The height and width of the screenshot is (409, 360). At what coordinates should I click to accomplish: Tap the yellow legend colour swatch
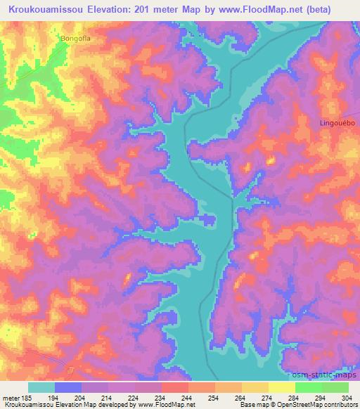281,388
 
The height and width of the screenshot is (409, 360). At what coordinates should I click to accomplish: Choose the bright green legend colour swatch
308,388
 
